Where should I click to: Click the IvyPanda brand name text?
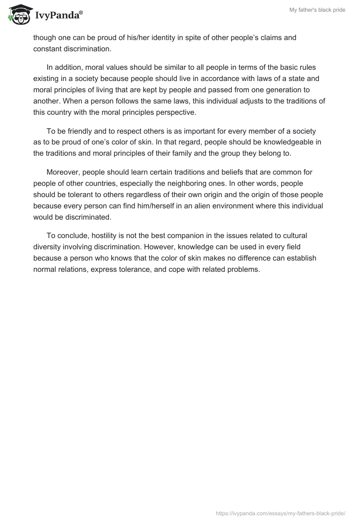[x=58, y=15]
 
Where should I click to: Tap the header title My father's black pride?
[x=318, y=10]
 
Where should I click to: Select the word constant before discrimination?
[x=48, y=48]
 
